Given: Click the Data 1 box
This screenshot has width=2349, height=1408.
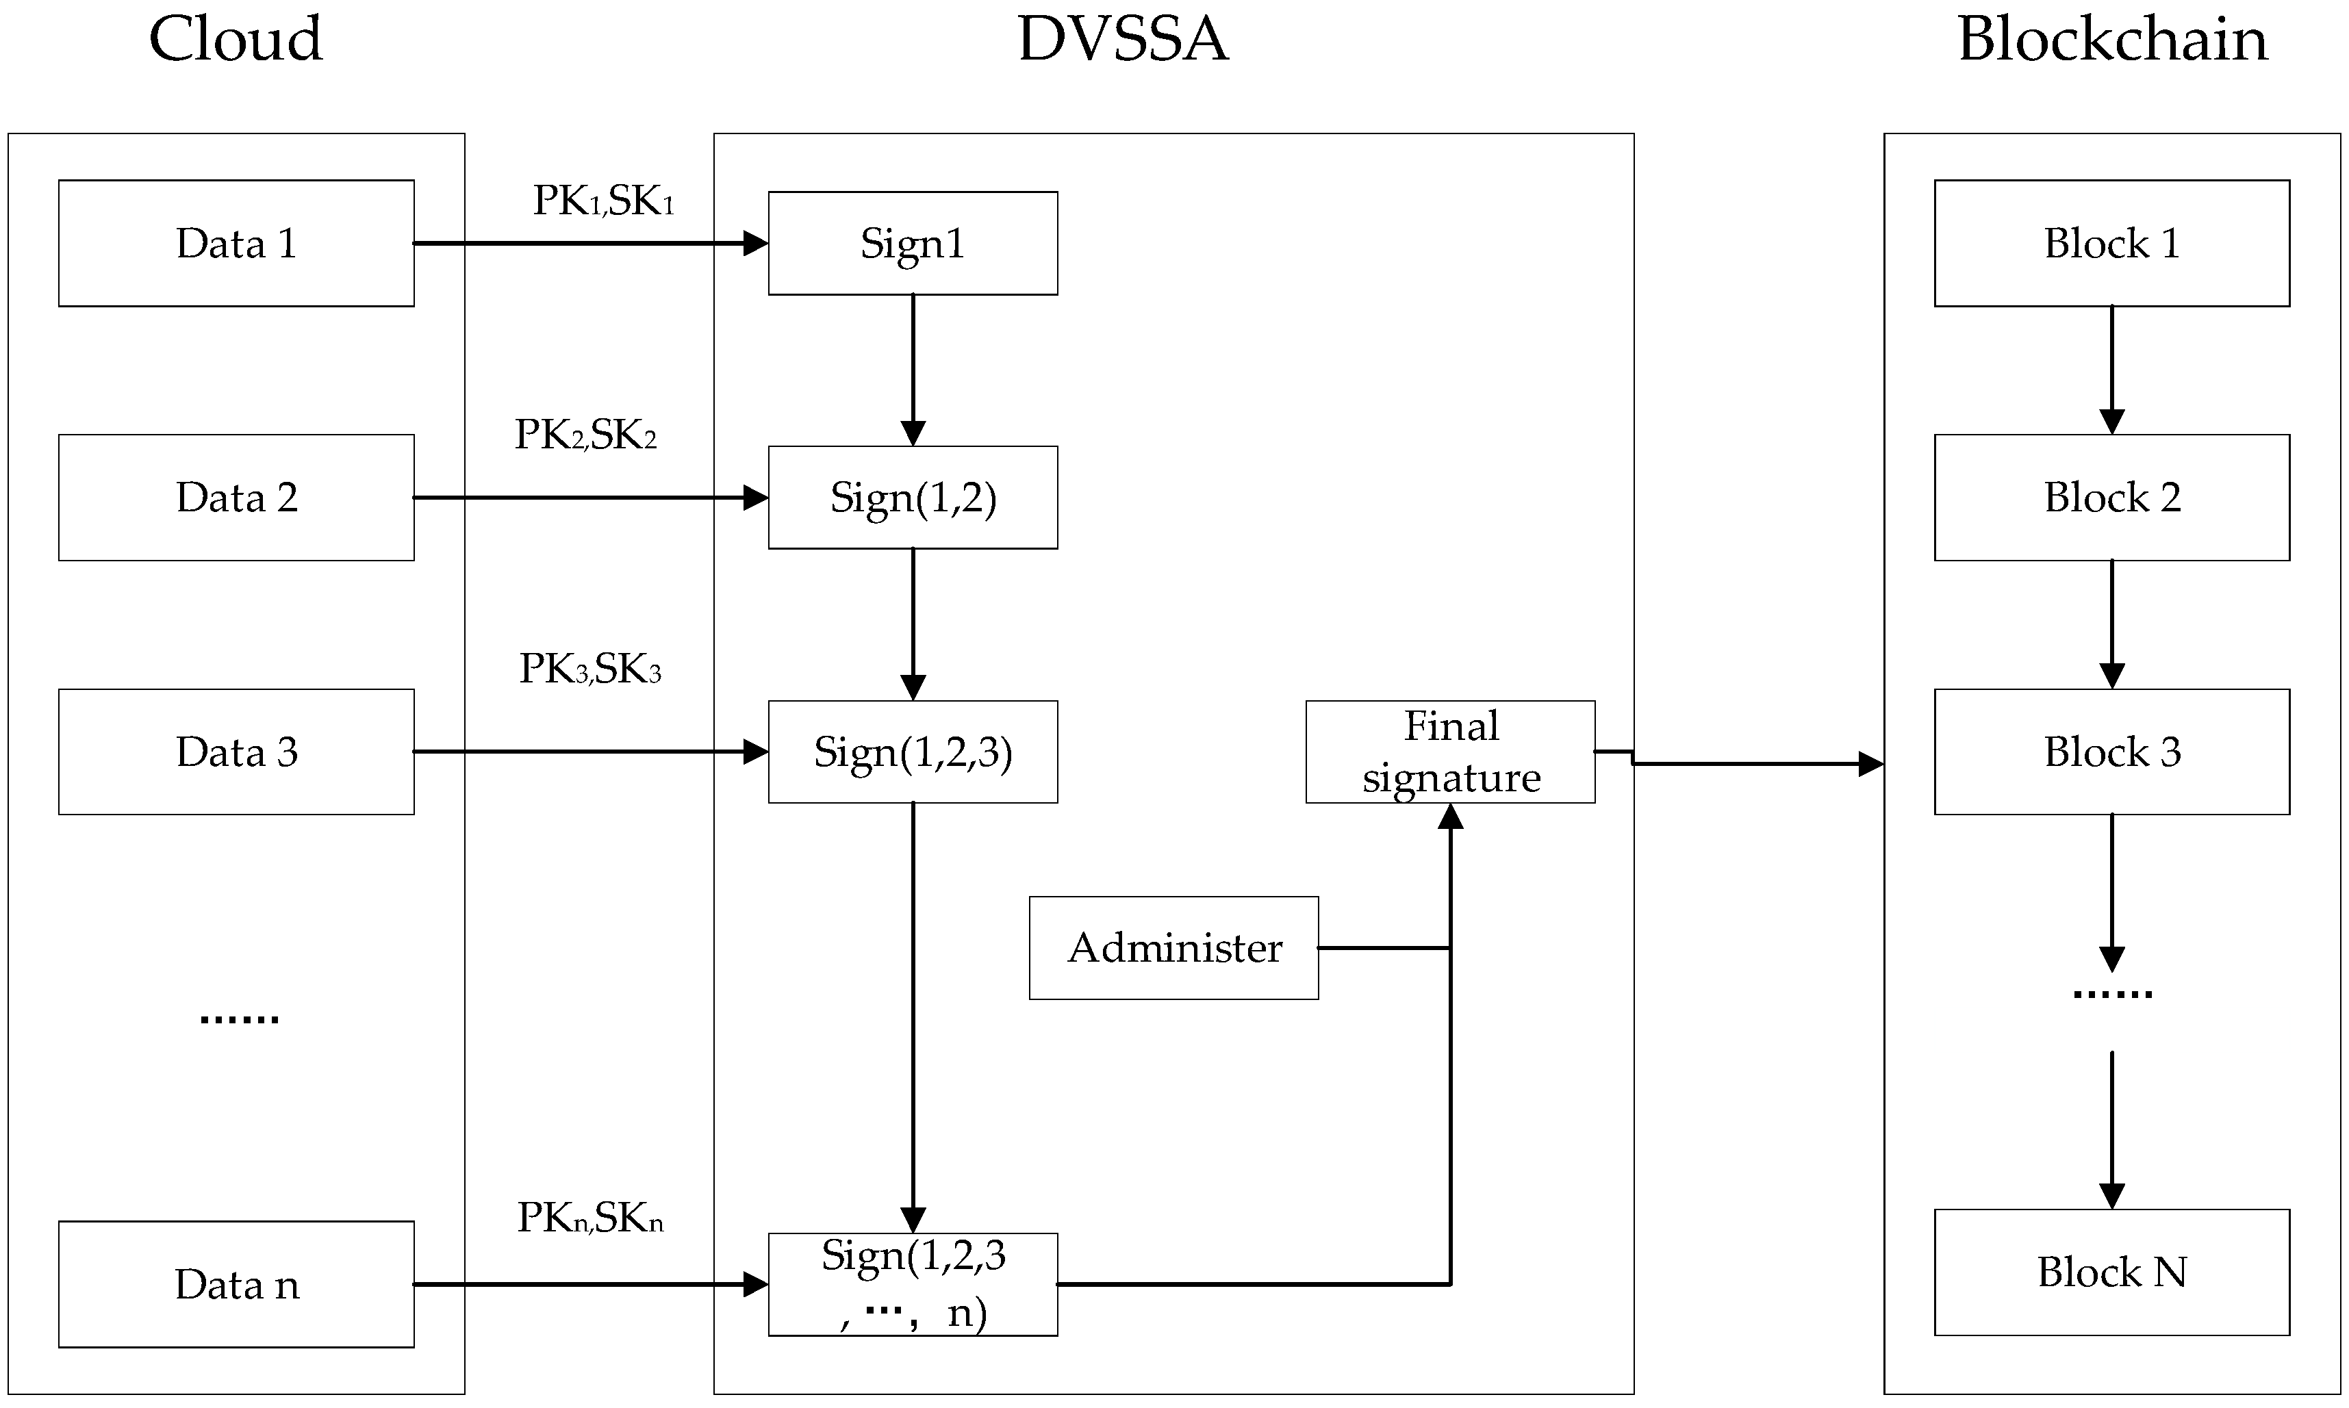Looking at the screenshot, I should [x=236, y=243].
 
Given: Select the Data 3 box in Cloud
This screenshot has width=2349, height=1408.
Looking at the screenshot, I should [x=236, y=752].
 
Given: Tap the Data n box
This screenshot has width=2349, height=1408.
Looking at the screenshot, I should [x=236, y=1283].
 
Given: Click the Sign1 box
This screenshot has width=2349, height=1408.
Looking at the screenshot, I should [x=912, y=243].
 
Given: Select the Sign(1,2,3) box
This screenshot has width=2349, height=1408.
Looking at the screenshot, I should [x=912, y=752].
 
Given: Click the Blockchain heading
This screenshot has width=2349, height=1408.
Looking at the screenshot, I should [x=2112, y=40].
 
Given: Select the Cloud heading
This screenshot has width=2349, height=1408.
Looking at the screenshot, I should [x=236, y=40].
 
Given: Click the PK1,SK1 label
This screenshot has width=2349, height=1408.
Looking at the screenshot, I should [x=602, y=200].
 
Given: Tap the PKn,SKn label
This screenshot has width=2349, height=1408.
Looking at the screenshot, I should [x=589, y=1217].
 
